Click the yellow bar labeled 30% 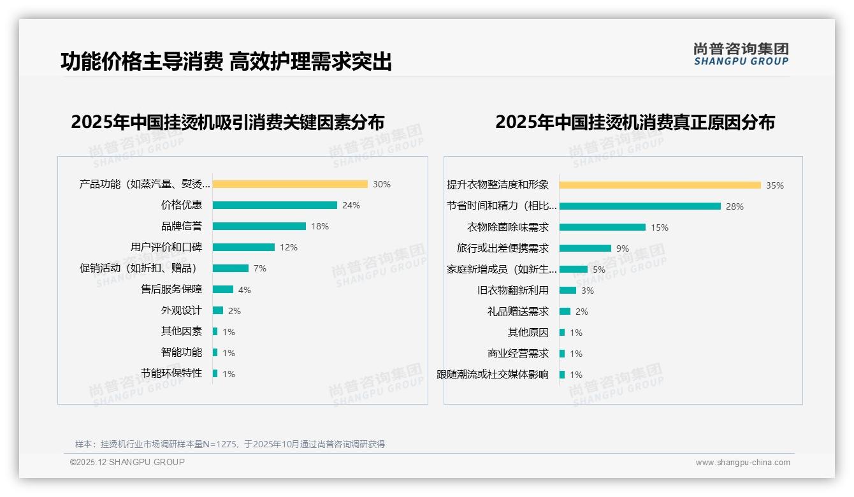coord(290,184)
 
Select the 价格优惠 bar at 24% coord(275,205)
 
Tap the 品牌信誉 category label coord(182,226)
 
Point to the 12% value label coord(289,247)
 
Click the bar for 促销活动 coord(231,268)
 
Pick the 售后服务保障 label coord(171,289)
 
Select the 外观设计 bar coord(218,310)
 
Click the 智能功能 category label coord(182,352)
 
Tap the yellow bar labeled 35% coord(660,185)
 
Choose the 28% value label coord(735,206)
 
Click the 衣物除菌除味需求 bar coord(602,227)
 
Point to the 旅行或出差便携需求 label coord(503,248)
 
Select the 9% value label coord(623,248)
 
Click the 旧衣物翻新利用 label coord(513,291)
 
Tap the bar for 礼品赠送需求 coord(565,312)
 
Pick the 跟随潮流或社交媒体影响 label coord(493,375)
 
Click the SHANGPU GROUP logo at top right coord(741,54)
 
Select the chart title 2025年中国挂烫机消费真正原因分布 coord(635,122)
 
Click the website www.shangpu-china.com coord(742,463)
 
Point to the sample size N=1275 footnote coord(230,444)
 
